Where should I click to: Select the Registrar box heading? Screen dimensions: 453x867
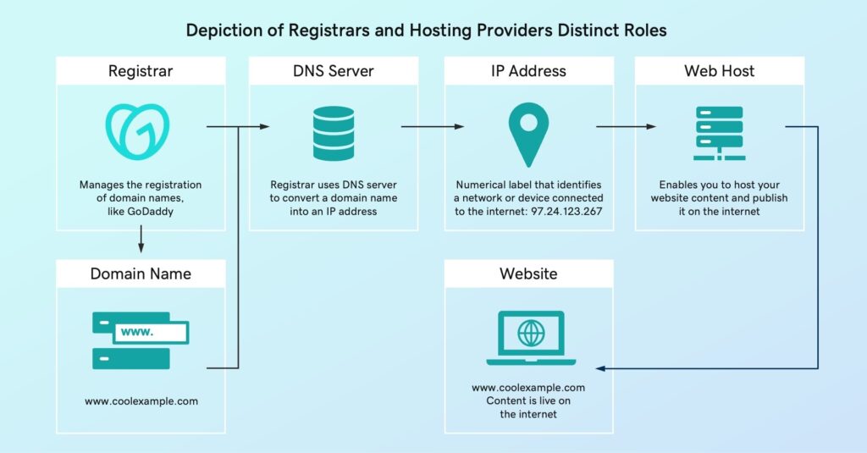click(x=141, y=71)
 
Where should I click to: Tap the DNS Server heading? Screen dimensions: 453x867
click(x=334, y=71)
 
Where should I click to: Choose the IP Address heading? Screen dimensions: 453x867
click(x=528, y=71)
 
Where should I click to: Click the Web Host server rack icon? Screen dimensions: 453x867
click(x=718, y=133)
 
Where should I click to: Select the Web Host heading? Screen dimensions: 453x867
click(x=719, y=71)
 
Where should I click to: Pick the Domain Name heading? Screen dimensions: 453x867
click(x=141, y=273)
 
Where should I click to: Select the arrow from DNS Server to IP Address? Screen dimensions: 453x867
click(x=432, y=127)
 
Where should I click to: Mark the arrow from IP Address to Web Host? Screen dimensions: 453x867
click(x=626, y=127)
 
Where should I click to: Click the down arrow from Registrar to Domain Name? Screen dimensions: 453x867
click(x=141, y=243)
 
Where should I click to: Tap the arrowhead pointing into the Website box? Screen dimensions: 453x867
click(x=600, y=368)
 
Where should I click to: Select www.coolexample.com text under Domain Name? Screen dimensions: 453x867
click(x=141, y=401)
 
